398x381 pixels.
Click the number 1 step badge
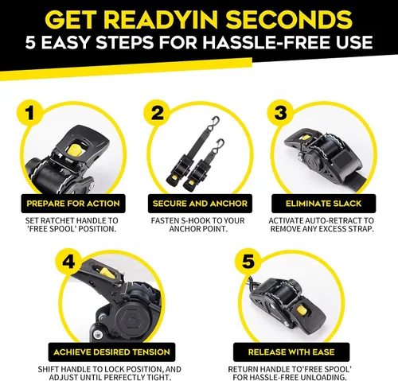point(30,113)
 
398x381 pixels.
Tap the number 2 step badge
point(157,113)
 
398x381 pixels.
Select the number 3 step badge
point(280,113)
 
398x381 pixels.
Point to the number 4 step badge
point(68,262)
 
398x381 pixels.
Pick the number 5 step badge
point(248,262)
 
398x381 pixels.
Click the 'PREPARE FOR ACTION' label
point(73,204)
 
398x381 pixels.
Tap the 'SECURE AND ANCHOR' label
point(200,204)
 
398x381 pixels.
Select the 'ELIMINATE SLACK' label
point(324,204)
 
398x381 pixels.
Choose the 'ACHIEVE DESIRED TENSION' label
point(111,352)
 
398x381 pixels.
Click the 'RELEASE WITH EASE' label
point(291,352)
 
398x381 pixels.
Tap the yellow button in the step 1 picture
point(75,150)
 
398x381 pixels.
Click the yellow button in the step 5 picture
point(302,310)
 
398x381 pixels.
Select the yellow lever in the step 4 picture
point(107,274)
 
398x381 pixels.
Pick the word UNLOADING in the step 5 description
point(322,377)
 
